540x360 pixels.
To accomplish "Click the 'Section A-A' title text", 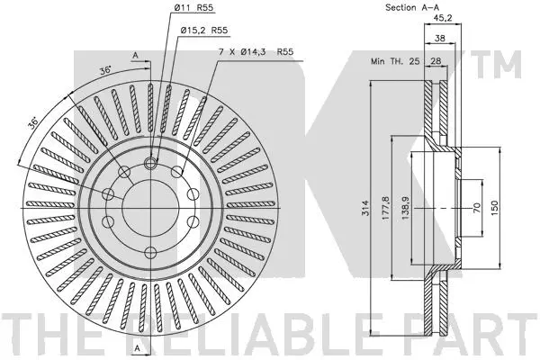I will click(399, 9).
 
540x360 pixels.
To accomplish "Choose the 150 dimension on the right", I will click(495, 205).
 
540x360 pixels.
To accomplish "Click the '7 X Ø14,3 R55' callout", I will click(249, 53).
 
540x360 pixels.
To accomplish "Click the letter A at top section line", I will click(136, 56).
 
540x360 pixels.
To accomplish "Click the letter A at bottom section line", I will click(136, 347).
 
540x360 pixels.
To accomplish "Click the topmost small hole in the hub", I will click(151, 163).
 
